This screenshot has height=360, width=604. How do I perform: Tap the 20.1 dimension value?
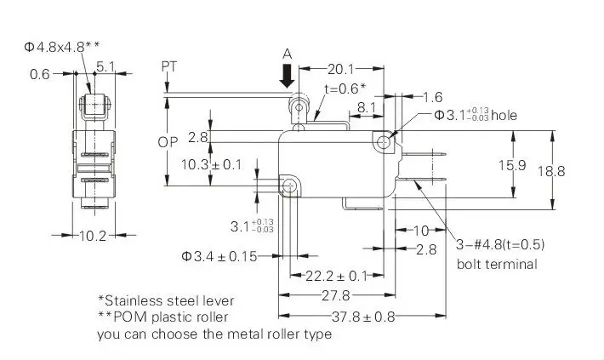(340, 69)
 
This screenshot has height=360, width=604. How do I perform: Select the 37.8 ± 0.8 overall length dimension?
(363, 317)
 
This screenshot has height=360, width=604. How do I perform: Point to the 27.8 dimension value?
(335, 295)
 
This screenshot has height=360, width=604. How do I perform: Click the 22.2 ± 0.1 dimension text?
(336, 276)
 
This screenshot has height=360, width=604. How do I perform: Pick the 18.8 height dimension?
(551, 171)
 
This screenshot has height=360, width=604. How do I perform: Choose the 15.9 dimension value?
(512, 165)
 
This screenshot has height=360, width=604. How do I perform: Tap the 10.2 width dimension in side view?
(93, 235)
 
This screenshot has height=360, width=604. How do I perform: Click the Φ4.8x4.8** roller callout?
(61, 47)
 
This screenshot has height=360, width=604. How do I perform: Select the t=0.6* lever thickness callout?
(345, 89)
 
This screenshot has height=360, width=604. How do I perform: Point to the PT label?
(168, 66)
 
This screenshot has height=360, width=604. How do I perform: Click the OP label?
(168, 142)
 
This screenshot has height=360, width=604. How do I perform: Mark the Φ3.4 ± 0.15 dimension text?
(219, 256)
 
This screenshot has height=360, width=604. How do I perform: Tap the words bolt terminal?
(497, 264)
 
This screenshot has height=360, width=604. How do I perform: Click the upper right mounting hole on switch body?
(384, 143)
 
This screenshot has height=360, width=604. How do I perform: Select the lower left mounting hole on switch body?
(289, 186)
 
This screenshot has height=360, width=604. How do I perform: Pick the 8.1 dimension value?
(367, 107)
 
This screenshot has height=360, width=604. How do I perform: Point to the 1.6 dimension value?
(433, 97)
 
